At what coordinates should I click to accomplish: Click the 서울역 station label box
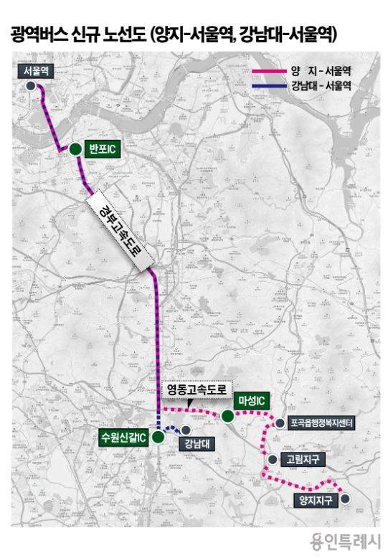[x=35, y=71]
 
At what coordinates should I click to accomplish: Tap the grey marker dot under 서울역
[x=30, y=85]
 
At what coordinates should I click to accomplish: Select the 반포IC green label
[x=100, y=148]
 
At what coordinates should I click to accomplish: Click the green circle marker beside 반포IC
[x=75, y=148]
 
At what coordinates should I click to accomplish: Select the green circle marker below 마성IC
[x=227, y=416]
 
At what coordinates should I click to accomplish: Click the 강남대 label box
[x=192, y=442]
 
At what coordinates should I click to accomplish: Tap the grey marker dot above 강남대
[x=186, y=430]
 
